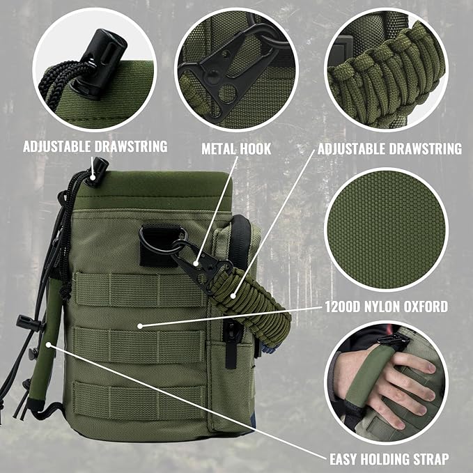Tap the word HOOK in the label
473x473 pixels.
click(x=255, y=149)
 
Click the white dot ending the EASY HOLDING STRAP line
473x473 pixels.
click(x=47, y=343)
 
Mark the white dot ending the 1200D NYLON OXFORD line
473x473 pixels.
click(x=140, y=325)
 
